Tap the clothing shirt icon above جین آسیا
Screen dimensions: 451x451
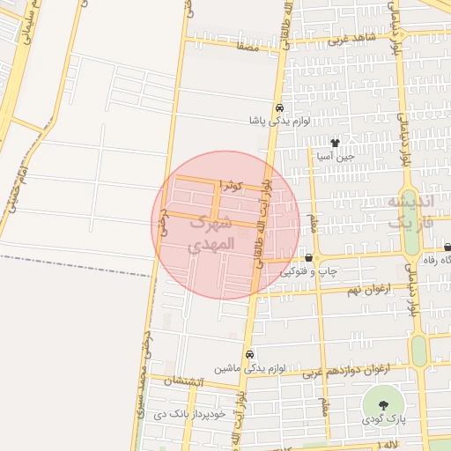tap(335, 143)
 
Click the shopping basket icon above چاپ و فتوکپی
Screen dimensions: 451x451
tap(309, 258)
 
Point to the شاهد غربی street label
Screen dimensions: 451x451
tap(352, 39)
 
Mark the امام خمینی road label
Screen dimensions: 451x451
tap(21, 180)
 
